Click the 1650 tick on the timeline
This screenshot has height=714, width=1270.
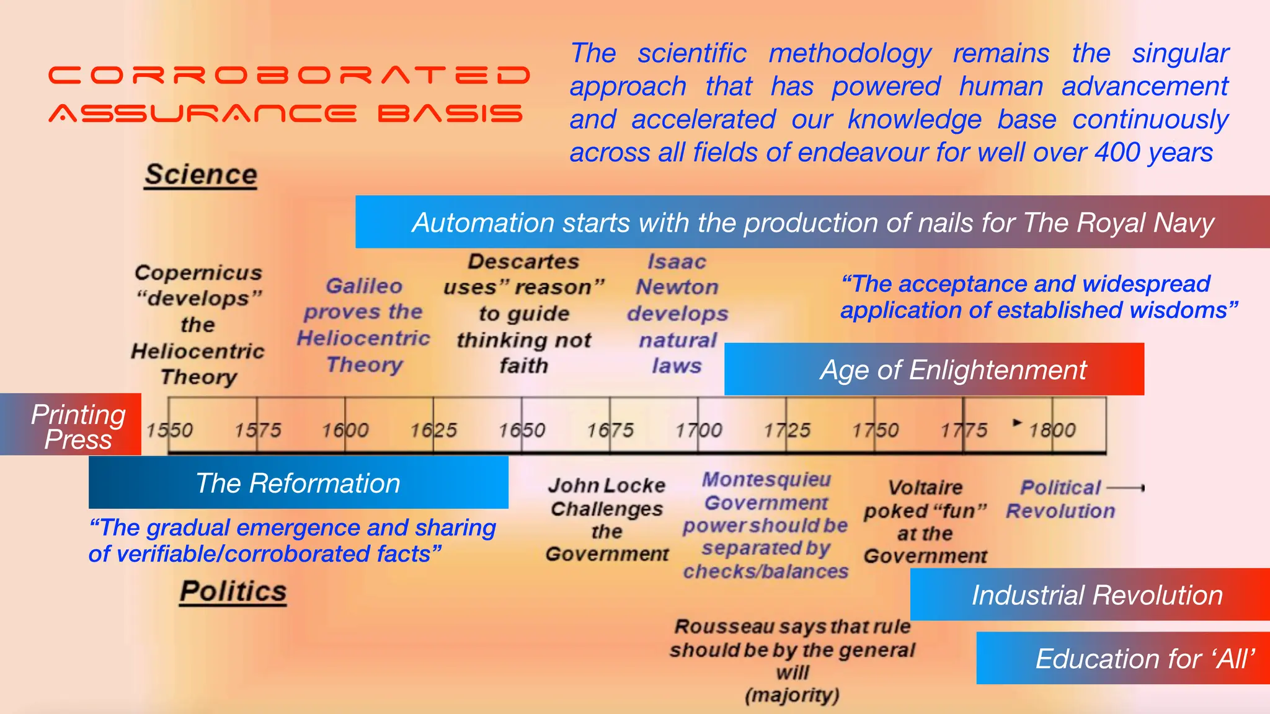pyautogui.click(x=522, y=430)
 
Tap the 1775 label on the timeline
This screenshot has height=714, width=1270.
pyautogui.click(x=964, y=430)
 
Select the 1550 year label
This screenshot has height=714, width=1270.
pyautogui.click(x=169, y=430)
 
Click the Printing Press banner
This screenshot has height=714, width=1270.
pyautogui.click(x=78, y=426)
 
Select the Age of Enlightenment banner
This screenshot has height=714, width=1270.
pyautogui.click(x=934, y=369)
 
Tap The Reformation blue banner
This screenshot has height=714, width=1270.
pyautogui.click(x=298, y=483)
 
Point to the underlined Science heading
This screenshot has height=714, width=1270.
pyautogui.click(x=201, y=175)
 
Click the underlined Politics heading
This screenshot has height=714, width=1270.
pyautogui.click(x=233, y=591)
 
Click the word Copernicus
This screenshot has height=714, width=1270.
pyautogui.click(x=198, y=273)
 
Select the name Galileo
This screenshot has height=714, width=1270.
pyautogui.click(x=364, y=286)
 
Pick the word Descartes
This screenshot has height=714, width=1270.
pyautogui.click(x=523, y=262)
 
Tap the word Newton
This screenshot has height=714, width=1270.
pyautogui.click(x=677, y=287)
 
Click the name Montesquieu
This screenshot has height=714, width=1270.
pyautogui.click(x=766, y=479)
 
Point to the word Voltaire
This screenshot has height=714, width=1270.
pyautogui.click(x=925, y=487)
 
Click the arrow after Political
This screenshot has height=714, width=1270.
pyautogui.click(x=1126, y=488)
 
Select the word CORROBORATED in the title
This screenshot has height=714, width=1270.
pyautogui.click(x=289, y=76)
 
